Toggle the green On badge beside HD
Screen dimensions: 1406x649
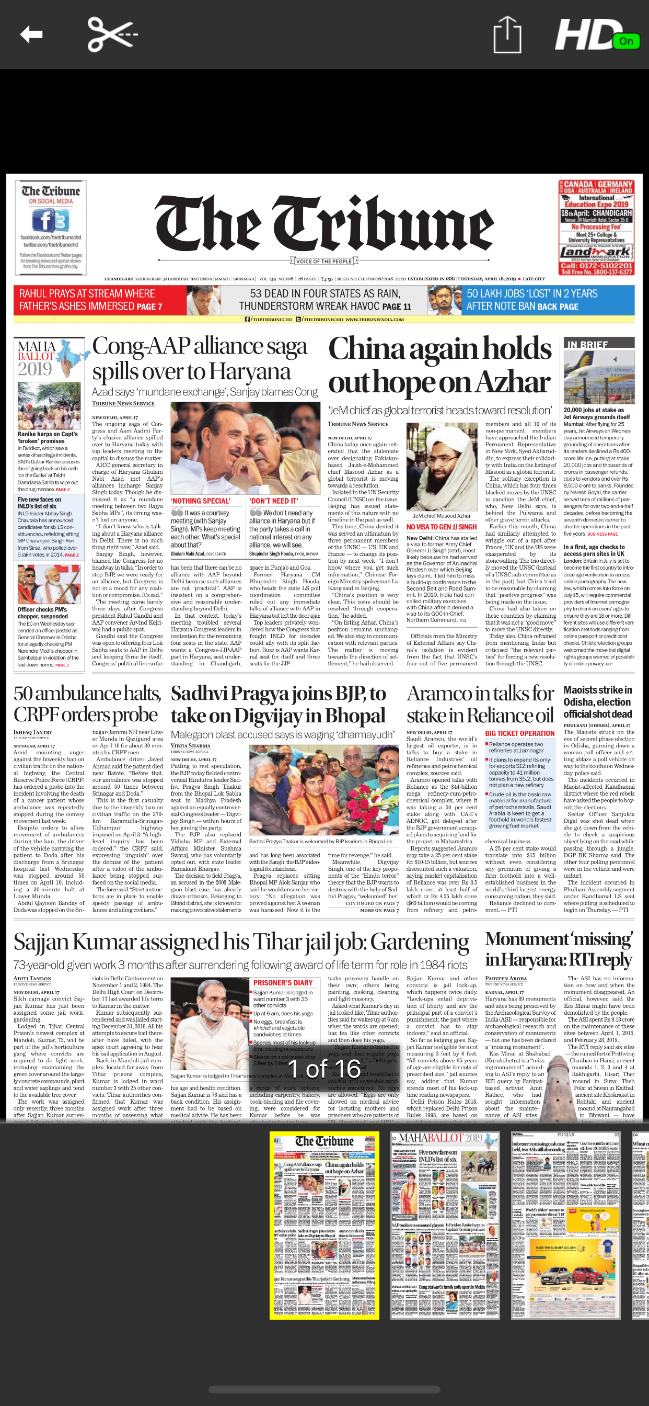[x=625, y=41]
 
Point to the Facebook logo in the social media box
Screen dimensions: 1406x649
[x=50, y=221]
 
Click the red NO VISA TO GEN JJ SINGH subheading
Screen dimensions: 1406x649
[x=441, y=527]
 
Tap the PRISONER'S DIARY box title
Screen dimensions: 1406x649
[x=283, y=982]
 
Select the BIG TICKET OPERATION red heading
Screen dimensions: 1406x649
[x=519, y=733]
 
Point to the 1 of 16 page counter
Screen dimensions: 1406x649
[x=324, y=1069]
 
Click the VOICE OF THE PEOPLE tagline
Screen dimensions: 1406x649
[x=324, y=262]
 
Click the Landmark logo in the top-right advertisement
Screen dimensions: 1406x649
[x=596, y=252]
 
